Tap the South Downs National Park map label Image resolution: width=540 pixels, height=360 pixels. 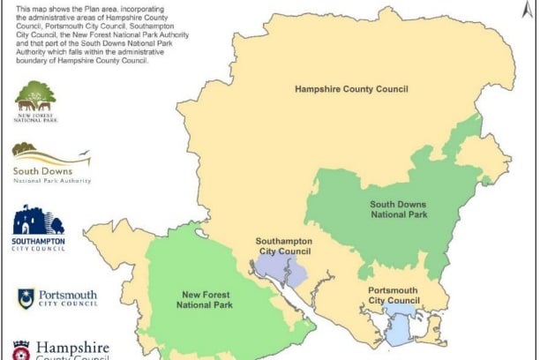(x=399, y=208)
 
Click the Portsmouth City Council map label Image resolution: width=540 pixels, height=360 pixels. (x=394, y=296)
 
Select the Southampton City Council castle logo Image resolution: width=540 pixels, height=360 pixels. (x=37, y=221)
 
